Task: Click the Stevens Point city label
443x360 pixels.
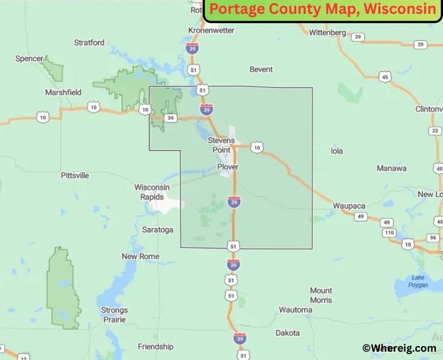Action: [221, 145]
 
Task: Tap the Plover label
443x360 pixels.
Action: [227, 167]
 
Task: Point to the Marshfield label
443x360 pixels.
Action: [63, 92]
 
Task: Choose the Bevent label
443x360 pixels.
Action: [261, 69]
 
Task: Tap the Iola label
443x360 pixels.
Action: [337, 151]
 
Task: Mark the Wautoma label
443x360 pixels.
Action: [295, 310]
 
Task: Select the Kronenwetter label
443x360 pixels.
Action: [212, 30]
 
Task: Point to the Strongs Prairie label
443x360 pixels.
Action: [114, 315]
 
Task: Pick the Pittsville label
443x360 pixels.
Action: [75, 176]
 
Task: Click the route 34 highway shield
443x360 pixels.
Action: [171, 118]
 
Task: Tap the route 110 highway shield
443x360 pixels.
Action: [389, 233]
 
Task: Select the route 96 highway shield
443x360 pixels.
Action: [433, 238]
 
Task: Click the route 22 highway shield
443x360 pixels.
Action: [435, 131]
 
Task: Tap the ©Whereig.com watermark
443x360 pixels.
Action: [399, 348]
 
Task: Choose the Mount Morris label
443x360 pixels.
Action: [321, 295]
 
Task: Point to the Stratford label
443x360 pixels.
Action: [89, 42]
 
